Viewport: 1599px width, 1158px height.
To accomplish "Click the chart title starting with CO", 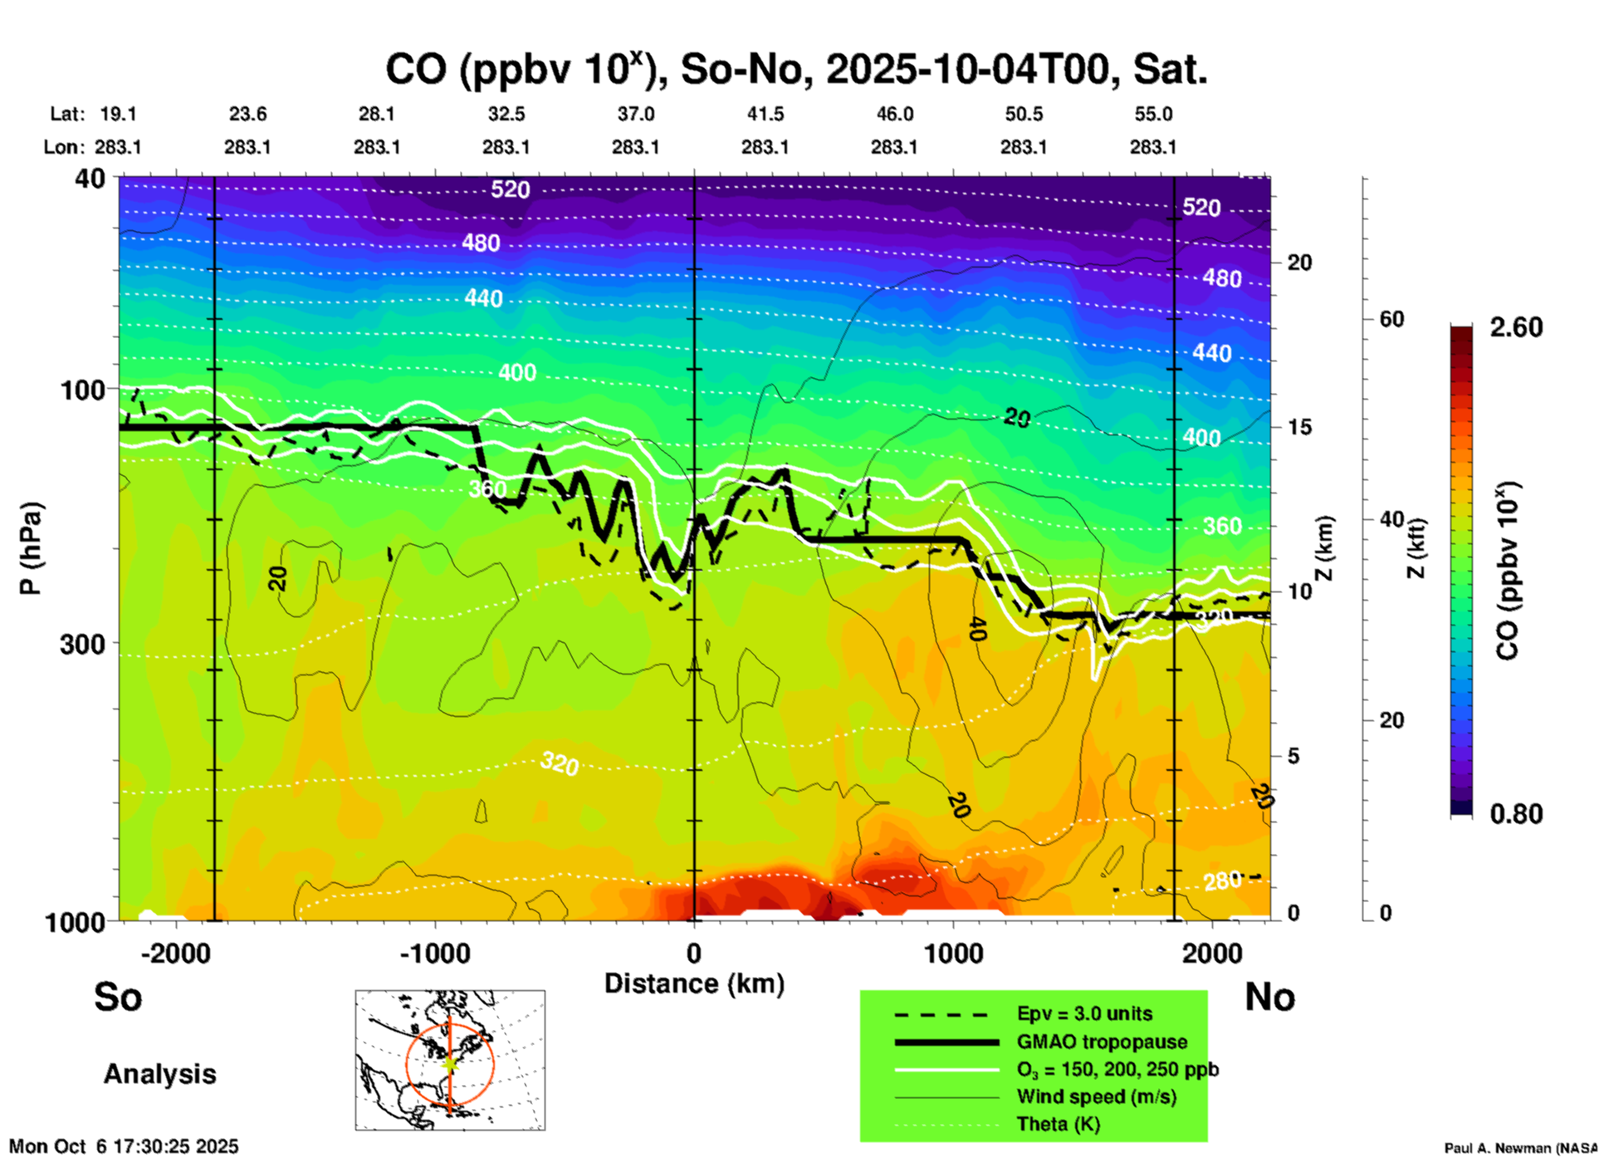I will (x=795, y=70).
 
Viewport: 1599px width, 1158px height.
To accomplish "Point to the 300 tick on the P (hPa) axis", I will (x=83, y=644).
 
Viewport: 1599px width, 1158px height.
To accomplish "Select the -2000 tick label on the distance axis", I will (x=176, y=954).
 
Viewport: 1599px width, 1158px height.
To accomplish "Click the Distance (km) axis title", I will (x=694, y=984).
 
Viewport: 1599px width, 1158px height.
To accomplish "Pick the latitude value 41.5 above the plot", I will (x=765, y=115).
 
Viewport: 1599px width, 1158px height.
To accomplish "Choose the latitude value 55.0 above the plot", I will (x=1153, y=115).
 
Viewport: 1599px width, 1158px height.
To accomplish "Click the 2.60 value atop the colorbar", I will (x=1516, y=327).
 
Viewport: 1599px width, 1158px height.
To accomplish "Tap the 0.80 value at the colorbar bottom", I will (x=1516, y=814).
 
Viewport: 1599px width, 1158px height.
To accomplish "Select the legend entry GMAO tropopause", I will (x=1102, y=1042).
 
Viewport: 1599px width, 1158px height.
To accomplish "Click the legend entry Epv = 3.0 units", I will (x=1084, y=1013).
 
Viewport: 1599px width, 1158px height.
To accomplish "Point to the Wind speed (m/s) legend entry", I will (x=1096, y=1097).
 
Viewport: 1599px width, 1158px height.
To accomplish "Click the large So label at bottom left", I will (x=118, y=997).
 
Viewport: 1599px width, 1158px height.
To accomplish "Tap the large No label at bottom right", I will (x=1269, y=997).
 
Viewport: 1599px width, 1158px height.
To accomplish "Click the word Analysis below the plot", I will (x=159, y=1074).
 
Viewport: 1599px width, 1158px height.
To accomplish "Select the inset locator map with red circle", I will (x=450, y=1060).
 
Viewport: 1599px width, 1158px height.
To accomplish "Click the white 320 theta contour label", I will (x=560, y=763).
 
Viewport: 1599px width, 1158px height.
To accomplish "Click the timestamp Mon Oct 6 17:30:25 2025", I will (x=124, y=1146).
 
